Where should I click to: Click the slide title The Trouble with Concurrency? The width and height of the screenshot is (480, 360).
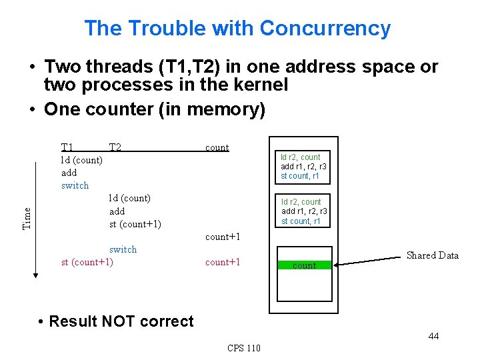pyautogui.click(x=237, y=29)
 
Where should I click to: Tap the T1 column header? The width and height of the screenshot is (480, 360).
pyautogui.click(x=67, y=147)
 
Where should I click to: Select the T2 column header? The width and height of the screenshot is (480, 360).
pyautogui.click(x=115, y=147)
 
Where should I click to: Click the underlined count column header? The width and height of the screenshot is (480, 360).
pyautogui.click(x=217, y=147)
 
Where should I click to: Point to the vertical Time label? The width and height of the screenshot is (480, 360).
pyautogui.click(x=27, y=218)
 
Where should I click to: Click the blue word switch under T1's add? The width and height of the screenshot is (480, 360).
pyautogui.click(x=75, y=185)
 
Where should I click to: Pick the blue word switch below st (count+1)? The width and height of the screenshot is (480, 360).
pyautogui.click(x=123, y=249)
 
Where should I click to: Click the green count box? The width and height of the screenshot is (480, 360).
pyautogui.click(x=304, y=265)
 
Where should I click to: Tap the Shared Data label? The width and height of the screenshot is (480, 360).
pyautogui.click(x=432, y=255)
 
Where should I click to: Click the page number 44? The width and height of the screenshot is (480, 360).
pyautogui.click(x=433, y=336)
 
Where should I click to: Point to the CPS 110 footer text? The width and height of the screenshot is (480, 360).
pyautogui.click(x=244, y=348)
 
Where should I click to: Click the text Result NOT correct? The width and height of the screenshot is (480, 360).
pyautogui.click(x=121, y=321)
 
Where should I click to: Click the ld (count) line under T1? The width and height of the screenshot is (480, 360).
pyautogui.click(x=81, y=160)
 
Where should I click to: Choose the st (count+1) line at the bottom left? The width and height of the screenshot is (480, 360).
pyautogui.click(x=87, y=262)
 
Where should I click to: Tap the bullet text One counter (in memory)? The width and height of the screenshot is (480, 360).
pyautogui.click(x=154, y=109)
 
